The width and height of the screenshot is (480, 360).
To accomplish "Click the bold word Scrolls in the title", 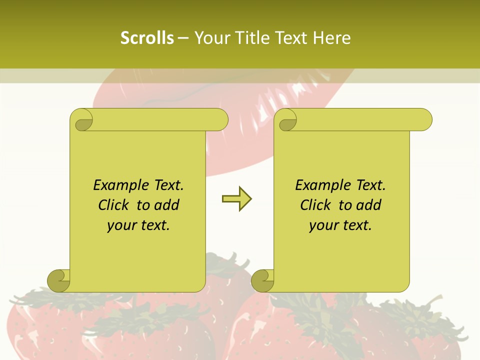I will coord(147,38).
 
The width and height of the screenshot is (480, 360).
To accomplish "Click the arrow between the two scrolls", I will coord(236,199).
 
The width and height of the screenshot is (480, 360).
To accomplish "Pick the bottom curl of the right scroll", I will coord(263,280).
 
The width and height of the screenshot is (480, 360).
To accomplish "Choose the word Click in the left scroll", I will coord(114,205).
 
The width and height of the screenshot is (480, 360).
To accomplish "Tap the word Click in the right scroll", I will coord(316,205).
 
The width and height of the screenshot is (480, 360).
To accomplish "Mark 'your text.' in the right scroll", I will coord(340,225).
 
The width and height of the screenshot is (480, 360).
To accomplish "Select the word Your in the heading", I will coord(212,38).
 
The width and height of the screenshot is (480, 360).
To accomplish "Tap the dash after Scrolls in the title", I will coord(183,38).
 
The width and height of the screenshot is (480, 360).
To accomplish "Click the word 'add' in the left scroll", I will coord(167,205).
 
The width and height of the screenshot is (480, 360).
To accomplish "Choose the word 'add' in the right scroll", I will coord(369,205).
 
